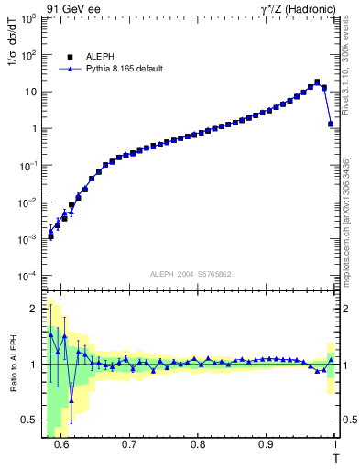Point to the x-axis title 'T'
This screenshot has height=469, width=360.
pyautogui.click(x=335, y=456)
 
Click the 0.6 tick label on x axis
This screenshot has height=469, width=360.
pyautogui.click(x=61, y=444)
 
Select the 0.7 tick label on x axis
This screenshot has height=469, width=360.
pyautogui.click(x=129, y=444)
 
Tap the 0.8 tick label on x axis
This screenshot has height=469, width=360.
pyautogui.click(x=198, y=444)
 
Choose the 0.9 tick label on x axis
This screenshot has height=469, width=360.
pyautogui.click(x=266, y=444)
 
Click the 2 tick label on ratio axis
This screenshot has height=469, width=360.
pyautogui.click(x=34, y=309)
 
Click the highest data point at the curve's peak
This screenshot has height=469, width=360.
pyautogui.click(x=317, y=82)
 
